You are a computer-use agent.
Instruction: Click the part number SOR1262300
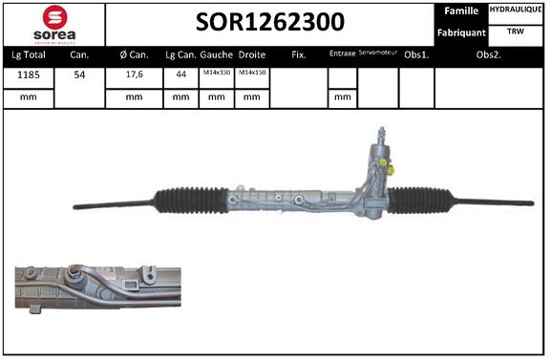click(270, 22)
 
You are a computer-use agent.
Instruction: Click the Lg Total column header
click(27, 55)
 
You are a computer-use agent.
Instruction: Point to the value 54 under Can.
click(79, 74)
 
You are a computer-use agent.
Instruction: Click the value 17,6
click(134, 74)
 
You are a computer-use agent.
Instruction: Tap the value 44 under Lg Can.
click(180, 74)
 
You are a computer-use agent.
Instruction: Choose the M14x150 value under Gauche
click(216, 74)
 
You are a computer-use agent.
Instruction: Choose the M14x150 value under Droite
click(252, 74)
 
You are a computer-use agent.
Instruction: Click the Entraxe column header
click(341, 55)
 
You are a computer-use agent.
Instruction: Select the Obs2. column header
click(490, 55)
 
